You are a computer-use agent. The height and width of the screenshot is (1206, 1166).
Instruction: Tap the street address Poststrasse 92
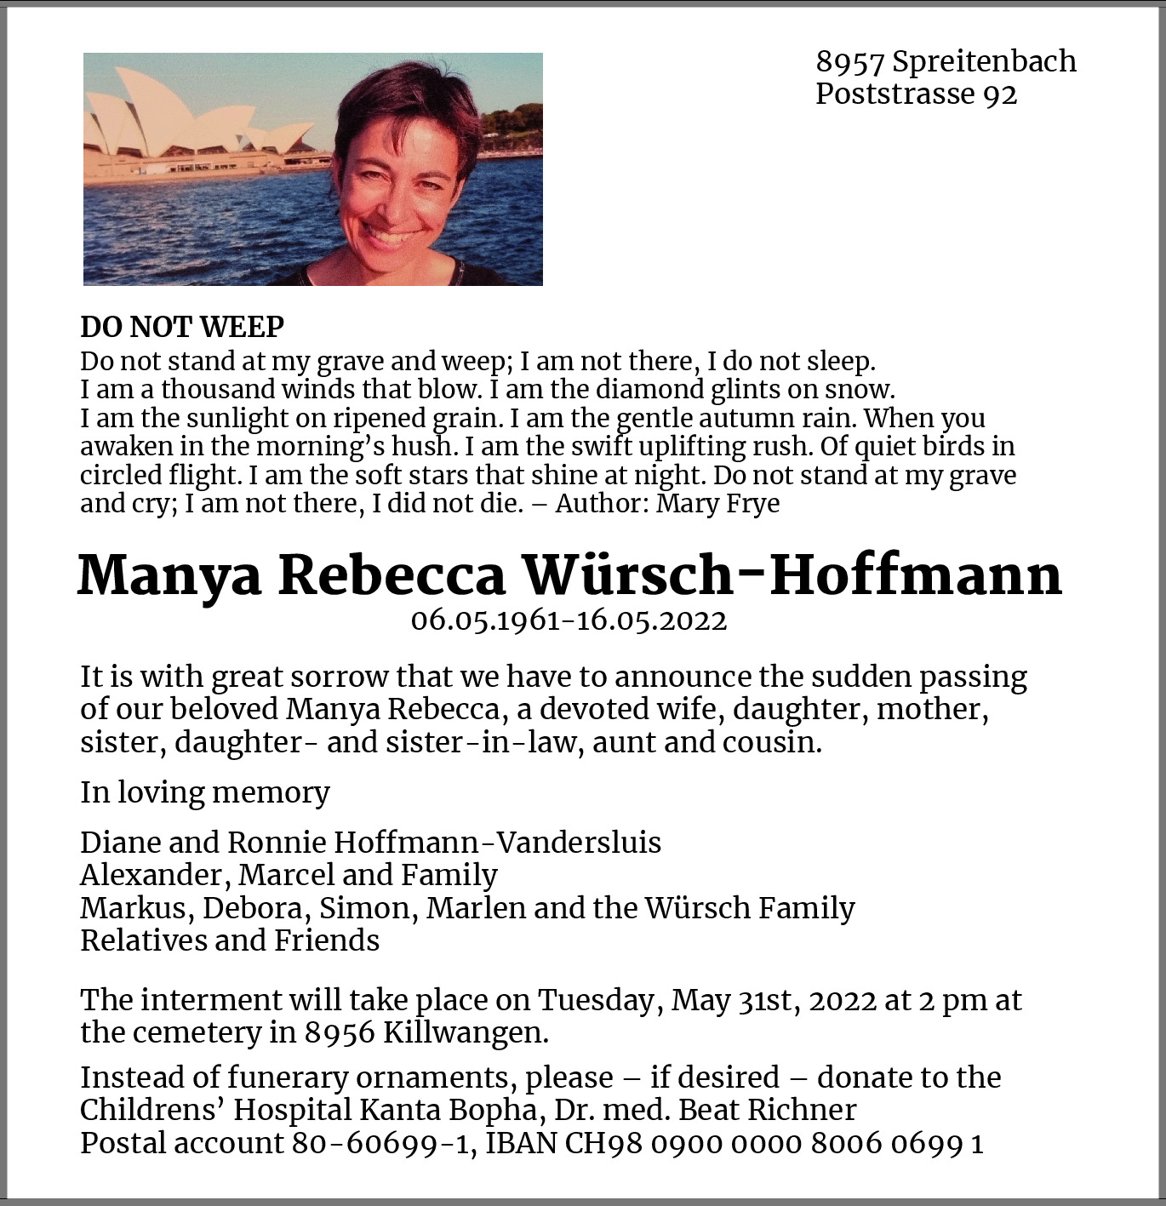point(916,94)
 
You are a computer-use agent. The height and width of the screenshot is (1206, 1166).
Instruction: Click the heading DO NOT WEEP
point(182,327)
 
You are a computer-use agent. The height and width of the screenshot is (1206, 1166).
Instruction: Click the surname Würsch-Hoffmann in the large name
point(792,575)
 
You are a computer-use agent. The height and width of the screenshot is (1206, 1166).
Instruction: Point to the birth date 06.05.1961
point(485,620)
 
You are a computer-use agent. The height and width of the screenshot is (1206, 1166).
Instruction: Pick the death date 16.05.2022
point(652,620)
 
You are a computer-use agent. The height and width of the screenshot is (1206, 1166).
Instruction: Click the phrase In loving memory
point(205,792)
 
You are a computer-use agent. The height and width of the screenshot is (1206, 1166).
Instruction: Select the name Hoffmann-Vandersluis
point(497,843)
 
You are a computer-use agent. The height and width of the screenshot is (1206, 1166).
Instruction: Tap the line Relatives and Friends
point(230,940)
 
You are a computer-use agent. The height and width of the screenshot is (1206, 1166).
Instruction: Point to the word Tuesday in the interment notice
point(599,1000)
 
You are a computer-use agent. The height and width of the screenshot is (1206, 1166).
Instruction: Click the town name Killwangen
point(465,1032)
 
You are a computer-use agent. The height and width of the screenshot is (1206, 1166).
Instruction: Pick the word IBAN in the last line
point(521,1143)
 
